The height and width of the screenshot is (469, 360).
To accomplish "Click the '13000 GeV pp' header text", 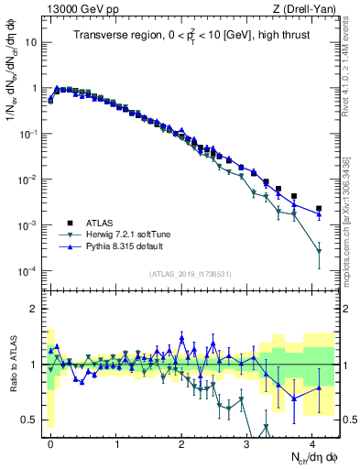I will (x=81, y=9).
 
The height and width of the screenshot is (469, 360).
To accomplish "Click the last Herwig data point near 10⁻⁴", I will (x=319, y=251).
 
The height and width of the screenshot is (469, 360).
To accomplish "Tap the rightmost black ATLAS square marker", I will (x=319, y=209).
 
